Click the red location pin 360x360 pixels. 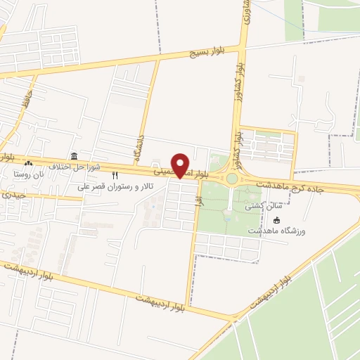pos(181,164)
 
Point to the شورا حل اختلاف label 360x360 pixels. pos(77,167)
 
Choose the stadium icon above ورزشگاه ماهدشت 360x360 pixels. pos(276,220)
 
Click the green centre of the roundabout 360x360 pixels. pos(231,179)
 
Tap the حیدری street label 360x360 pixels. pos(13,194)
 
